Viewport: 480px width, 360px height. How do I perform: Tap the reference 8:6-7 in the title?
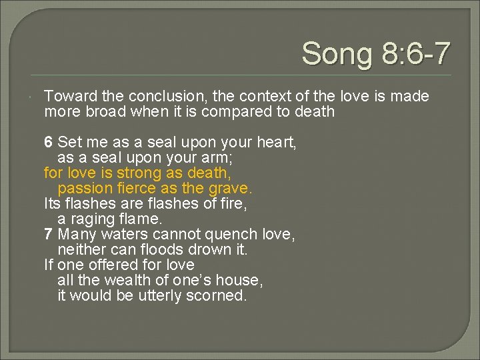click(x=414, y=53)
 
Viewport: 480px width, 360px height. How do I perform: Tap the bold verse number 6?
click(x=49, y=143)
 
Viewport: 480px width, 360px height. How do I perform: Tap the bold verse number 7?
click(x=49, y=235)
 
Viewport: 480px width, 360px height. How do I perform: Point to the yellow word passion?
click(x=84, y=189)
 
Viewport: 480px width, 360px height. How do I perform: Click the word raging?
click(x=93, y=219)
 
